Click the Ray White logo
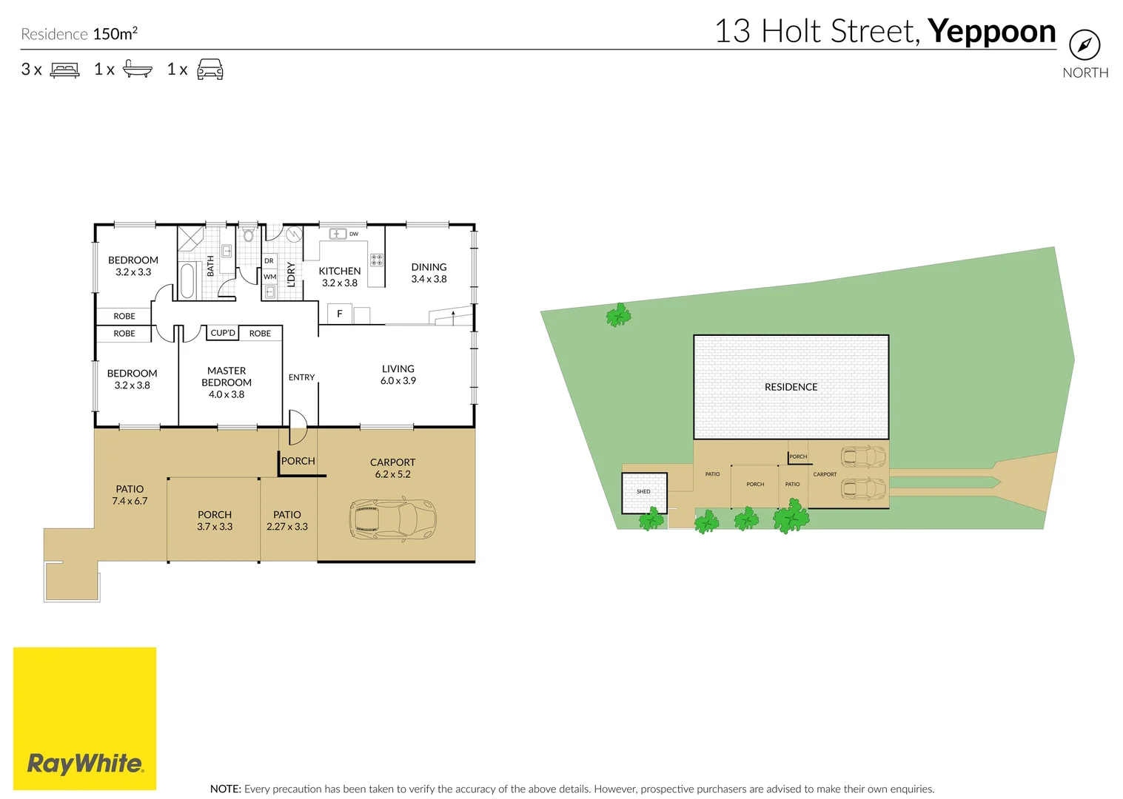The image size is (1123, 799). coord(84,718)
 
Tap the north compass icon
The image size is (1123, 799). coord(1085,44)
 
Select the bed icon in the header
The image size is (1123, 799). coord(64,70)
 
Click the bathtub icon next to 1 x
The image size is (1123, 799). coord(138,69)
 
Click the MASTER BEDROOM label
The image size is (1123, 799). coord(227,382)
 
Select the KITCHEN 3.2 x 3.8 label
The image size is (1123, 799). coord(339,277)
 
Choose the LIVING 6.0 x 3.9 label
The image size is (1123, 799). coord(398,374)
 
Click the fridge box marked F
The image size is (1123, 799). coord(339,314)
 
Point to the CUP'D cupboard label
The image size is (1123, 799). coord(223,333)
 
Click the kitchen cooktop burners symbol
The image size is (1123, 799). coord(377,260)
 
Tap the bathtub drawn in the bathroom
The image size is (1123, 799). coord(187,280)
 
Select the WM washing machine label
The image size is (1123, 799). coord(269,277)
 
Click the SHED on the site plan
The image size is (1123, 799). coord(644,493)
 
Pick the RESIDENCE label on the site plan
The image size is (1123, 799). coord(791,387)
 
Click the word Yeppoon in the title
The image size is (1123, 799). coord(992,32)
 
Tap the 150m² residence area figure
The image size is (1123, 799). coord(115,33)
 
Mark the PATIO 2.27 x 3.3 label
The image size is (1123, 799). coord(287,521)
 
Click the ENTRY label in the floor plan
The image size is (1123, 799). coord(301,377)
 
